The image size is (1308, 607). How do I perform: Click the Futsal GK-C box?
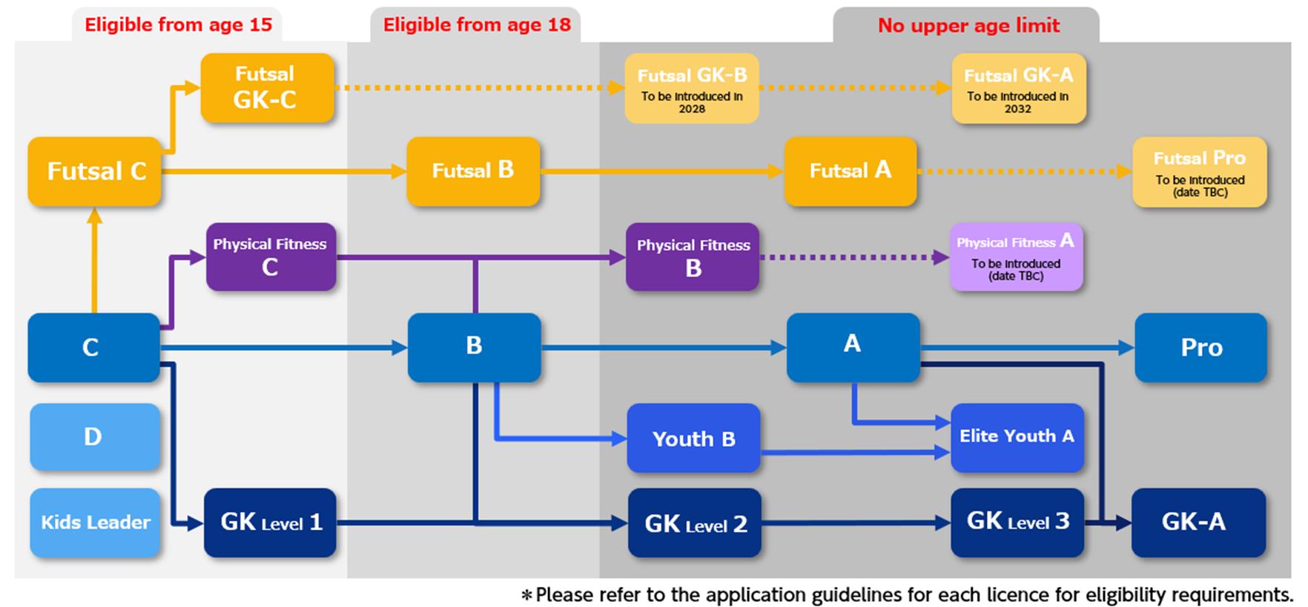[x=267, y=87]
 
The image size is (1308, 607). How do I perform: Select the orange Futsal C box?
[x=94, y=171]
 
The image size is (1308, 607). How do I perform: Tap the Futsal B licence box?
[x=473, y=171]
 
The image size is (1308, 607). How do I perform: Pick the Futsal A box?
[x=850, y=171]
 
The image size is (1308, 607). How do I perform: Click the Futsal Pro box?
[x=1200, y=171]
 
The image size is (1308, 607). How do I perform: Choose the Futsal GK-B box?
[x=692, y=87]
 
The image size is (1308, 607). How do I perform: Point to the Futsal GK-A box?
[x=1019, y=87]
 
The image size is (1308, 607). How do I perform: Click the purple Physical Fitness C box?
[x=271, y=256]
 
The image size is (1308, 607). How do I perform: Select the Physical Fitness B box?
[x=693, y=256]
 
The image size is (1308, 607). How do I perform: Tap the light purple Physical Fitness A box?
[x=1017, y=256]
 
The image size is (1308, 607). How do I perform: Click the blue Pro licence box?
[x=1200, y=348]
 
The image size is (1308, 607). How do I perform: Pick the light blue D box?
[x=95, y=437]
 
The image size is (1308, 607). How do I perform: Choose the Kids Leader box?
[x=95, y=523]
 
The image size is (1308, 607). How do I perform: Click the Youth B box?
[x=693, y=438]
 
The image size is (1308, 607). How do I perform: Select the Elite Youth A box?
[x=1017, y=437]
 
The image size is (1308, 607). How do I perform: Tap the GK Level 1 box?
[x=270, y=523]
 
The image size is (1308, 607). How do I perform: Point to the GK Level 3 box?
[x=1017, y=523]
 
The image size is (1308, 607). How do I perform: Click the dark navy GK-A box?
[x=1198, y=523]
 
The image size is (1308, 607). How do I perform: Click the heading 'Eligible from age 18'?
[x=477, y=25]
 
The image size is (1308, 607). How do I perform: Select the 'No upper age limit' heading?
[x=968, y=26]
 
